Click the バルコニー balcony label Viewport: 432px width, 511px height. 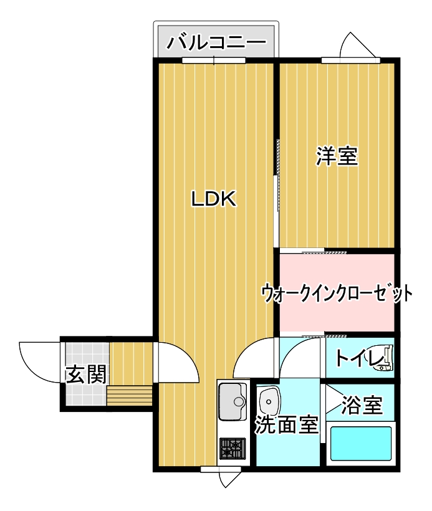[x=214, y=43]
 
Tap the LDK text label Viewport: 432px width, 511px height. [x=213, y=199]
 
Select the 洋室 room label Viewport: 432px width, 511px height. [x=337, y=156]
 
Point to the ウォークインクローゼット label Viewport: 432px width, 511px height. [x=337, y=292]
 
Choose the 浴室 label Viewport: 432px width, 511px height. [x=362, y=406]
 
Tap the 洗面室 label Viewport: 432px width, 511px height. [x=286, y=425]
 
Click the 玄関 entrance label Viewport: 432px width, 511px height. [x=86, y=375]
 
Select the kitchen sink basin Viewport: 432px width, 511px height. [x=233, y=398]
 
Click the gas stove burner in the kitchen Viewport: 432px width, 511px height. [x=233, y=448]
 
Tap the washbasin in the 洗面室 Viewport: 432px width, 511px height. [x=271, y=398]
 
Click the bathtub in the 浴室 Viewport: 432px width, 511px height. [x=361, y=443]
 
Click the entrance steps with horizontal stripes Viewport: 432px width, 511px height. [x=130, y=395]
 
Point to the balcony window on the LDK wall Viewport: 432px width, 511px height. [x=213, y=60]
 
